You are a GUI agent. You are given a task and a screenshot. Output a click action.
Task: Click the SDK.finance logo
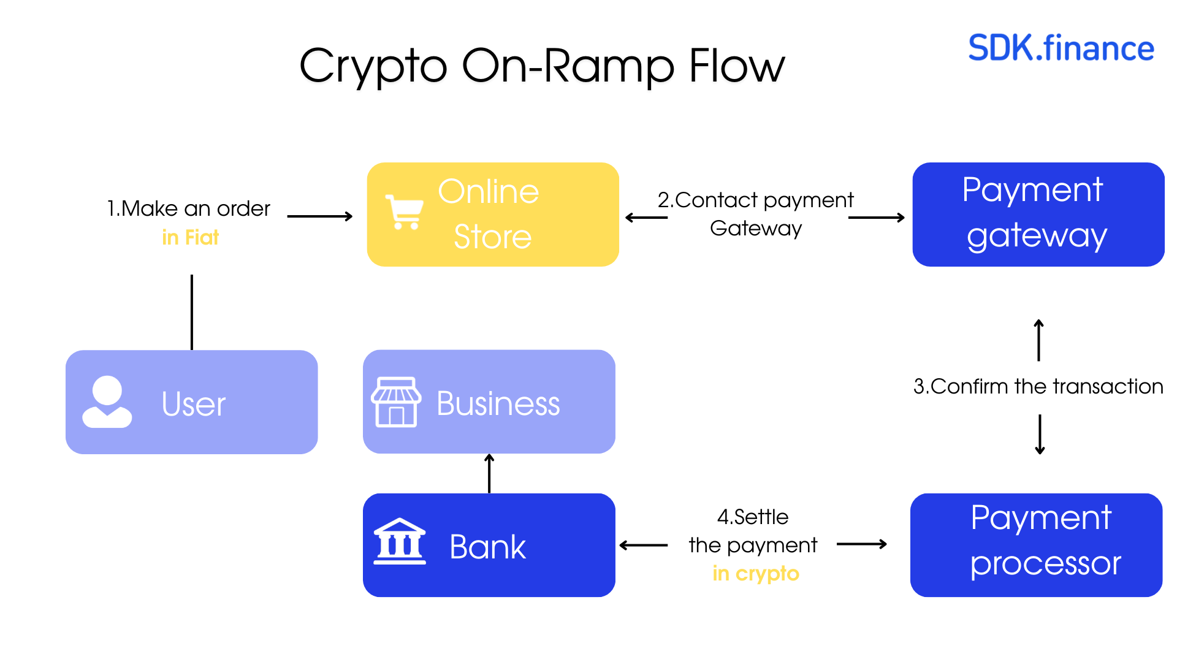coord(1061,48)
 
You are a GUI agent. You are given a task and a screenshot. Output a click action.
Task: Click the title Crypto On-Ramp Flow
coord(542,66)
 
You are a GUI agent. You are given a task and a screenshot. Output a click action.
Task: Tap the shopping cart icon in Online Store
coord(405,212)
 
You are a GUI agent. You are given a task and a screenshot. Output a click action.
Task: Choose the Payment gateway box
coord(1038,214)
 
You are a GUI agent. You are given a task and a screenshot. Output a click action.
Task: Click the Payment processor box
coord(1036,545)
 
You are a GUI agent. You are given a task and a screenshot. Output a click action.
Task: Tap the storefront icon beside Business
coord(396,402)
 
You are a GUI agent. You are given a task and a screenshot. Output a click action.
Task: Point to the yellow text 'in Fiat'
coord(190,237)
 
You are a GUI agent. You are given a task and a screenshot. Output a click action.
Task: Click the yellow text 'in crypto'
coord(756,573)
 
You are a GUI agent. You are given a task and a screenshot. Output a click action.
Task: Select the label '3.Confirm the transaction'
coord(1038,386)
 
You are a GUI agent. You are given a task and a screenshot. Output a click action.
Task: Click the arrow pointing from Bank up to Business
coord(489,473)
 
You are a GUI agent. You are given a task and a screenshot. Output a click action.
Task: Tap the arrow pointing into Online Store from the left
coord(320,216)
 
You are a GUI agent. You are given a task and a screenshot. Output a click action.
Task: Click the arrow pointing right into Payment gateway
coord(877,218)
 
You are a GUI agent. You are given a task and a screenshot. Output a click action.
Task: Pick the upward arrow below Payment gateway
coord(1038,340)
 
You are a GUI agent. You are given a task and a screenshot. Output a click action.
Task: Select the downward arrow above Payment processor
coord(1040,434)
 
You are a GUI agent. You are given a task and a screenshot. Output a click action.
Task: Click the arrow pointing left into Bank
coord(644,545)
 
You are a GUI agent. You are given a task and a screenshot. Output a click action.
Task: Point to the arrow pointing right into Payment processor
coord(862,544)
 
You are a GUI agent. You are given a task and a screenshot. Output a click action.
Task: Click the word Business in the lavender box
coord(498,403)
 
